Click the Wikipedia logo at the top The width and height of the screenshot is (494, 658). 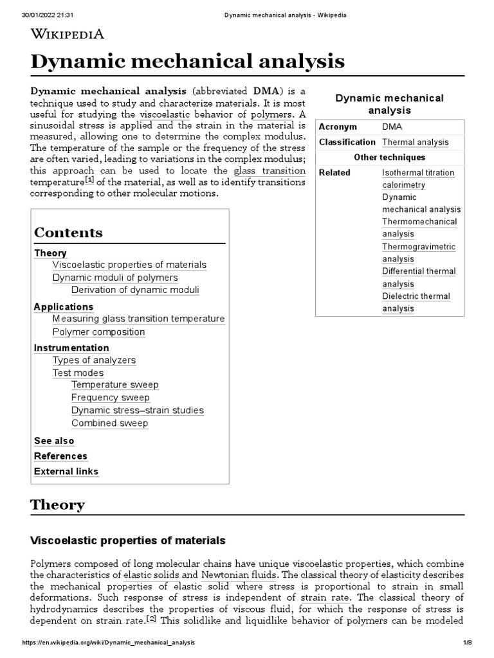pyautogui.click(x=67, y=34)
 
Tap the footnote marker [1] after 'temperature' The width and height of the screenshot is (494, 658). pyautogui.click(x=89, y=181)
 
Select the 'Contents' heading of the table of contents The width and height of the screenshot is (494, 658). pyautogui.click(x=68, y=233)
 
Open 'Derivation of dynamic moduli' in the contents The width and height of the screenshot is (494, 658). pyautogui.click(x=135, y=290)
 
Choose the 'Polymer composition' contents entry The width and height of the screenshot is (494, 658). pyautogui.click(x=98, y=332)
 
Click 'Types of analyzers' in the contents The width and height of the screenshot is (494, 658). pyautogui.click(x=94, y=360)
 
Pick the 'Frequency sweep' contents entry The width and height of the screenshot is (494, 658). pyautogui.click(x=110, y=398)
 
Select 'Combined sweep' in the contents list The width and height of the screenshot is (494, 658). pyautogui.click(x=109, y=423)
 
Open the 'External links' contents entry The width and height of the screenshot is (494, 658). pyautogui.click(x=66, y=472)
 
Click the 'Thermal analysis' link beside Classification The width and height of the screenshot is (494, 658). pyautogui.click(x=415, y=142)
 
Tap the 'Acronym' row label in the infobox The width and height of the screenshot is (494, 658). pyautogui.click(x=337, y=127)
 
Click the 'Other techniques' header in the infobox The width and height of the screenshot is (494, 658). pyautogui.click(x=389, y=157)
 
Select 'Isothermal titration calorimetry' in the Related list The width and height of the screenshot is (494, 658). pyautogui.click(x=417, y=179)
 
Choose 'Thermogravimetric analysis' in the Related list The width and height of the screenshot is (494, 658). pyautogui.click(x=418, y=253)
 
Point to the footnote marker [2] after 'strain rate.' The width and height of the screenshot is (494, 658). pyautogui.click(x=152, y=619)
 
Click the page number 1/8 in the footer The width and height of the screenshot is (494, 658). pyautogui.click(x=467, y=643)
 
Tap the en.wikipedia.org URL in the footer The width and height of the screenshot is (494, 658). pyautogui.click(x=109, y=643)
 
